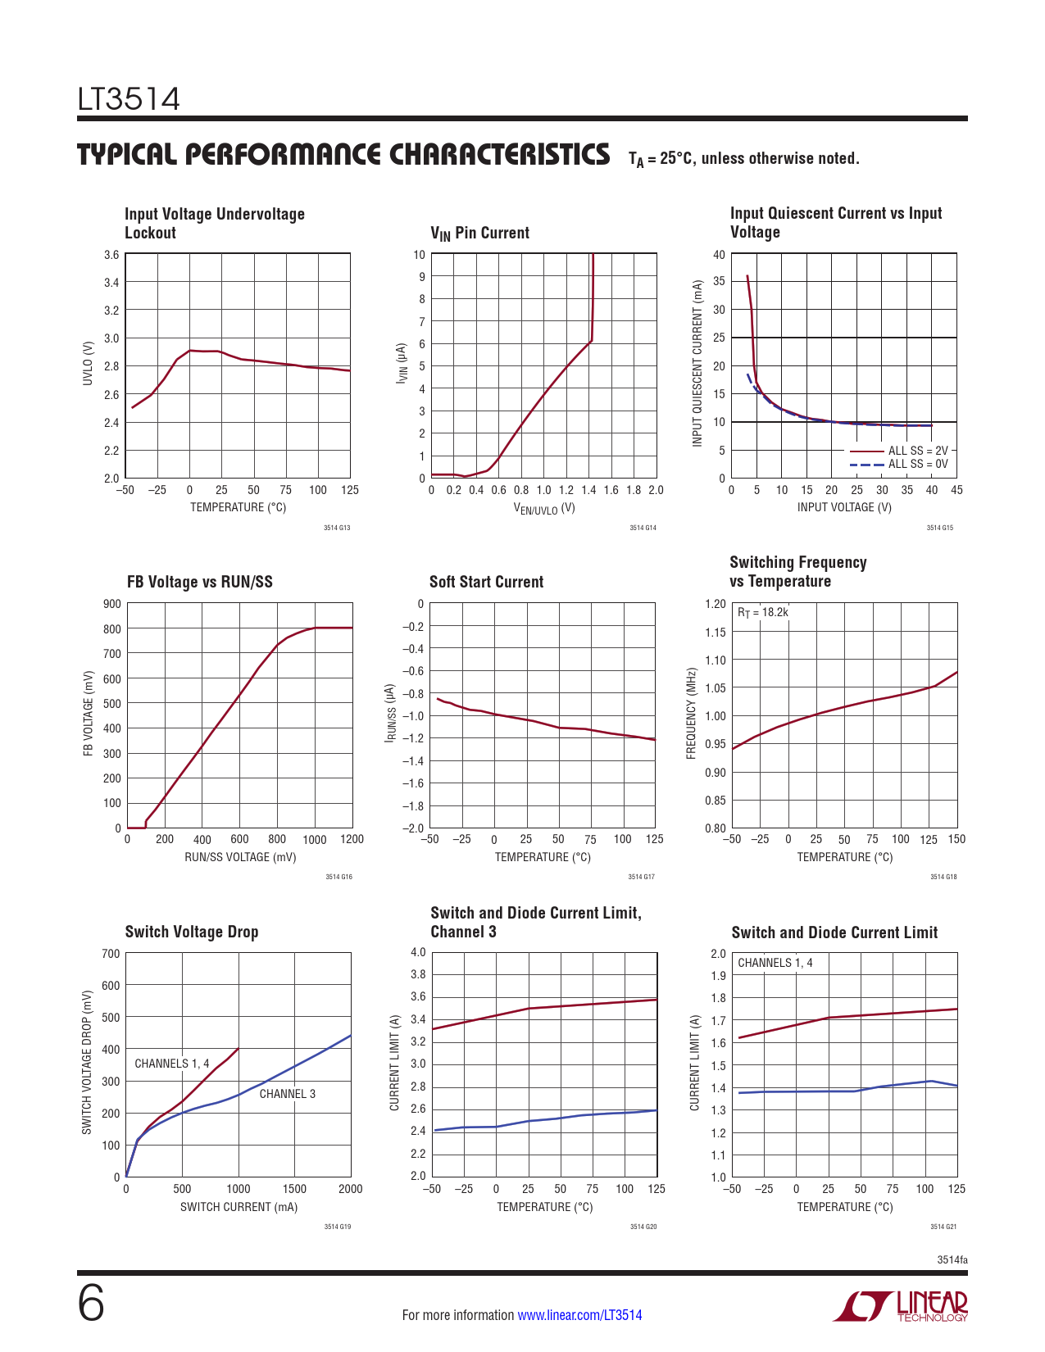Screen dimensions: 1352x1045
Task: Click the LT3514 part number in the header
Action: tap(129, 100)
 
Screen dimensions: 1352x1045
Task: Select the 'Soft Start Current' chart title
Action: tap(486, 582)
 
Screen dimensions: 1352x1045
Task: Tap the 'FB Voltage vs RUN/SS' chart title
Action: tap(199, 582)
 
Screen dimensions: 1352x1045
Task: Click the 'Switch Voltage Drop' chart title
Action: tap(191, 932)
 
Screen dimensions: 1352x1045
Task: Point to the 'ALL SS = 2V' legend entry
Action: tap(917, 451)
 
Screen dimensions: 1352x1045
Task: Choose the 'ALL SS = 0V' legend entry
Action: tap(917, 464)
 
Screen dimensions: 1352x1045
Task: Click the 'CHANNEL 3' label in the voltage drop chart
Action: tap(287, 1094)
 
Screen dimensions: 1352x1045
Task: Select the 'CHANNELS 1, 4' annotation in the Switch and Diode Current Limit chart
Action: tap(775, 963)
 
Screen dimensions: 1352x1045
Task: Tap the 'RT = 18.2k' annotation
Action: tap(762, 612)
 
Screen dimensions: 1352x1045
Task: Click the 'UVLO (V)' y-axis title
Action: tap(88, 363)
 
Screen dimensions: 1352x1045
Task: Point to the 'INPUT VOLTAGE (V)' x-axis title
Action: tap(844, 507)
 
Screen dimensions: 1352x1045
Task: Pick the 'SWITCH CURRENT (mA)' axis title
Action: tap(239, 1207)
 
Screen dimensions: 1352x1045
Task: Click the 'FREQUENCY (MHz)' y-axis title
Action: tap(691, 713)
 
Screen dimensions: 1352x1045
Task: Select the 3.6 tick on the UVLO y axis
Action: tap(111, 255)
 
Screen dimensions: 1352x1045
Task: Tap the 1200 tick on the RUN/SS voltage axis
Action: tap(352, 840)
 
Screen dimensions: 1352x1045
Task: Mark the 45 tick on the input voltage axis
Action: tap(956, 490)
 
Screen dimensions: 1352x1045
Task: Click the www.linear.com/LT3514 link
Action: tap(579, 1315)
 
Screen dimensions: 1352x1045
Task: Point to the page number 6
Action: tap(91, 1304)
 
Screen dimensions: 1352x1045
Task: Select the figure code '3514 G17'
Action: tap(641, 878)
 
